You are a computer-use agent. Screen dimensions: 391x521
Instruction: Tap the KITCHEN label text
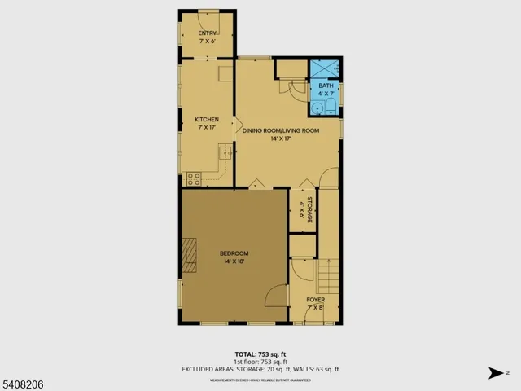coord(206,120)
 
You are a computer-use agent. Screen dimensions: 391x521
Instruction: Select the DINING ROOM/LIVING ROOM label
coord(281,130)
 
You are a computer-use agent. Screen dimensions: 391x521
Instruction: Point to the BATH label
coord(326,86)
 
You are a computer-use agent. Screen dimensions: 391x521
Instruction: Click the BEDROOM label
coord(233,254)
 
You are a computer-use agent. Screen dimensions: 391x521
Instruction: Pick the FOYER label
coord(315,300)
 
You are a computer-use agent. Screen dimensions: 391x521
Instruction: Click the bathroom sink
coord(317,107)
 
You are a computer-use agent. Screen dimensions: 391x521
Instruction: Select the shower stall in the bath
coord(326,68)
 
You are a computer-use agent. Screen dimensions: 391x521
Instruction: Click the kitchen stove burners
coord(194,177)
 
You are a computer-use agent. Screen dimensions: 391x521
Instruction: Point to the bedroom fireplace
coord(190,254)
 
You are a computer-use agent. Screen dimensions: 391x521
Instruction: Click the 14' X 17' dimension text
coord(281,139)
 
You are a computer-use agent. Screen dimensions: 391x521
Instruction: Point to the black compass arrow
coord(495,373)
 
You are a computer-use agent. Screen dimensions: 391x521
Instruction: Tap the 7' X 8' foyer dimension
coord(315,308)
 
